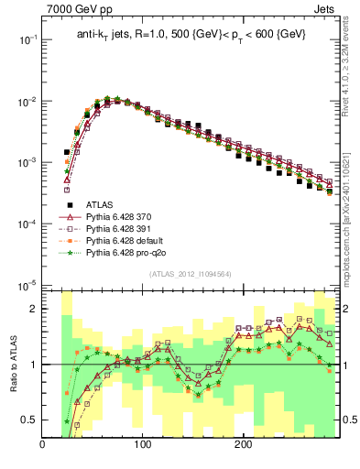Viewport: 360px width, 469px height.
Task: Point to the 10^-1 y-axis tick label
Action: (28, 39)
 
